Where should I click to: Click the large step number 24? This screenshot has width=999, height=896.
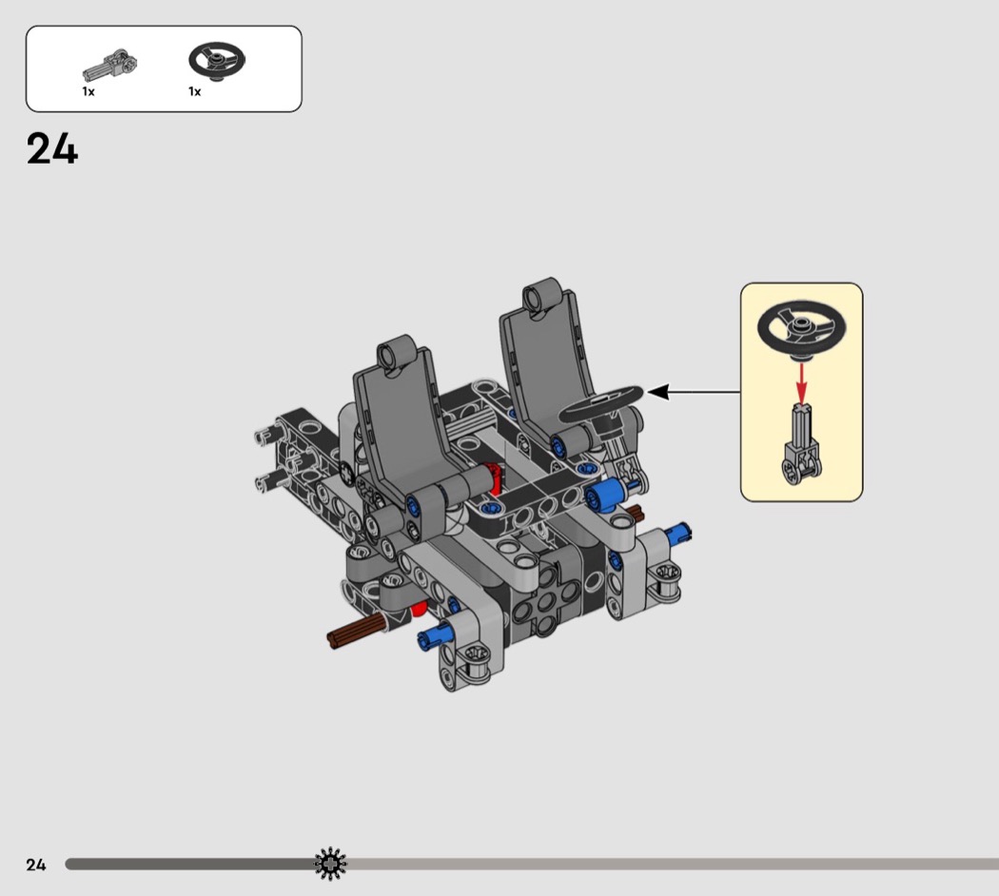click(x=52, y=148)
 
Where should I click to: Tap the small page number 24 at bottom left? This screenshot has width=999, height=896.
click(x=36, y=865)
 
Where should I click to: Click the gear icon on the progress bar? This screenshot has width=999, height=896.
click(x=331, y=865)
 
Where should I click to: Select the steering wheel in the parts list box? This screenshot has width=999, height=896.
click(x=217, y=62)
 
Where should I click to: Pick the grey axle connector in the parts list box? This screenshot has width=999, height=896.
click(x=110, y=65)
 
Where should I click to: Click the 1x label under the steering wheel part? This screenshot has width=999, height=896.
click(x=194, y=91)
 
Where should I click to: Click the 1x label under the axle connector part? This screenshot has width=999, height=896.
click(x=88, y=91)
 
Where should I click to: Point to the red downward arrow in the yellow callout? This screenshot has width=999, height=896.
click(x=801, y=380)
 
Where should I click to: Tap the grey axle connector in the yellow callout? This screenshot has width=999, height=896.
click(x=801, y=444)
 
